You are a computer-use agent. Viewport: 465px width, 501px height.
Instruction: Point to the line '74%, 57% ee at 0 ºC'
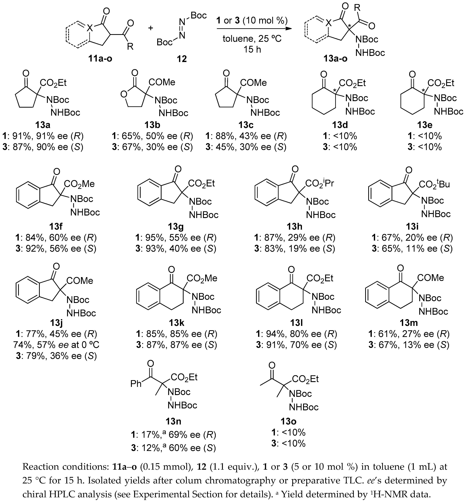tap(56, 345)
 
